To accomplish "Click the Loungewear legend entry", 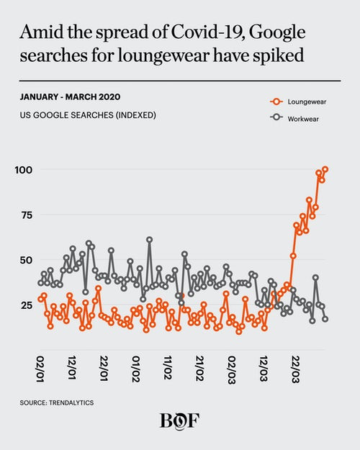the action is [x=298, y=102].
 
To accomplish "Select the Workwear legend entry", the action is [x=294, y=119].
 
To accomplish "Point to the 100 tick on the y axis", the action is [x=24, y=170].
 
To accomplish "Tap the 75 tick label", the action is [x=27, y=215].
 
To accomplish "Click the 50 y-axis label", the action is [x=26, y=260].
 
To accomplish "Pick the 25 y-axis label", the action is [x=27, y=305].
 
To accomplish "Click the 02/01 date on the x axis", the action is [x=40, y=369].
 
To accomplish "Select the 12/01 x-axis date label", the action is [x=72, y=368].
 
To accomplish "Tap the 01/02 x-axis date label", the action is [x=136, y=369].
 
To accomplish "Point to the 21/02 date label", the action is [x=200, y=369].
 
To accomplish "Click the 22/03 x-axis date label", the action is [x=295, y=369].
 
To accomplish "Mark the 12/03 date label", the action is [x=264, y=369].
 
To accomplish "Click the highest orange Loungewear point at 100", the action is [x=325, y=169].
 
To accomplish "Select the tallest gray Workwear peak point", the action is [x=150, y=239].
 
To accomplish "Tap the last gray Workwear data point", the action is [x=325, y=319].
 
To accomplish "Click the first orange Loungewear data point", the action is [x=40, y=299].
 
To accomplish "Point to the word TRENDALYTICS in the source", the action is [x=71, y=402].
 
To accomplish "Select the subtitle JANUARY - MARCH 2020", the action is [x=70, y=96].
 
